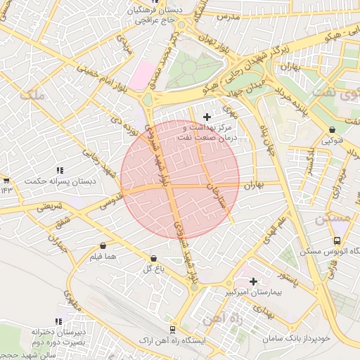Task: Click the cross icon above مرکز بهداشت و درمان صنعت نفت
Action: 206,116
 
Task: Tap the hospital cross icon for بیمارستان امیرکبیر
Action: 253,281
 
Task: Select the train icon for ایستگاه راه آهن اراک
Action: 172,328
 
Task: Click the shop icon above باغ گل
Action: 154,258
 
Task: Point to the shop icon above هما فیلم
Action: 104,246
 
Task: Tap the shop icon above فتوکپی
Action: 332,129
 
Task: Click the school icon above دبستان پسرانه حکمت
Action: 60,170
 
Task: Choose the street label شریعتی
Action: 49,207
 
